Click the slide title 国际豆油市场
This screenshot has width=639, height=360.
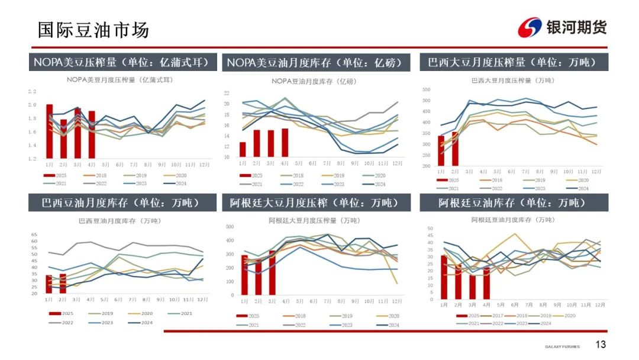point(93,30)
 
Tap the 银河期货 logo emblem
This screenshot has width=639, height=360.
point(529,27)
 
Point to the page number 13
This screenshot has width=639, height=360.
point(601,345)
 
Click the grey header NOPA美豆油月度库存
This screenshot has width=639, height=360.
point(316,62)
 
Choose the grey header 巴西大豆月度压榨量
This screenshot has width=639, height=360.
point(513,62)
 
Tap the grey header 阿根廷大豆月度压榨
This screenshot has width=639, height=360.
point(316,203)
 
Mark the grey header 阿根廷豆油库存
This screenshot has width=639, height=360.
point(513,203)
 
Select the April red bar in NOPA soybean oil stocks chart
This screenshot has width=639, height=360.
point(285,143)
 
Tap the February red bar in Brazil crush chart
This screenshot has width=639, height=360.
point(455,149)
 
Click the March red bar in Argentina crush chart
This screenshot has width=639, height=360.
point(272,272)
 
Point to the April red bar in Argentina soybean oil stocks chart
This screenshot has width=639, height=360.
point(486,282)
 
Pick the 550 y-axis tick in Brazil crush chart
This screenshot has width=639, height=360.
point(425,89)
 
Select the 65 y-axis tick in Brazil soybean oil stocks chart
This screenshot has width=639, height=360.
point(34,234)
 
